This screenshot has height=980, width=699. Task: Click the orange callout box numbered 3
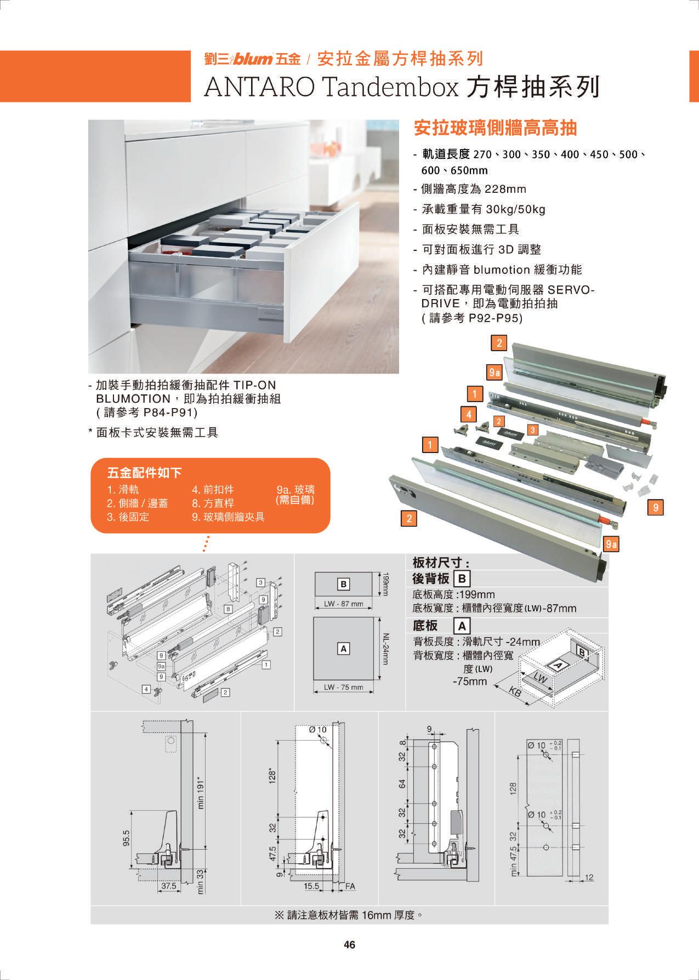532,430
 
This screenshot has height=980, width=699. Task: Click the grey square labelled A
344,649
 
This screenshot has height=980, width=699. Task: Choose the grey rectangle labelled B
344,584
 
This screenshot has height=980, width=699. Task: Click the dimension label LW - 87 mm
343,604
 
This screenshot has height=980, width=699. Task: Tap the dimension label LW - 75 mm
343,687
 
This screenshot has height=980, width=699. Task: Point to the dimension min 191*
201,792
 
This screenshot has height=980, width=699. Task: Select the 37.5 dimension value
169,885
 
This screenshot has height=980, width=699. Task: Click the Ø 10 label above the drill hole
317,729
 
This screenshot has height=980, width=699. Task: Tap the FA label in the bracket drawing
350,886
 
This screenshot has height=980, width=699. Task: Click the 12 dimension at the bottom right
589,877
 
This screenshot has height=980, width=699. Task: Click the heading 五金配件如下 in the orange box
145,473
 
